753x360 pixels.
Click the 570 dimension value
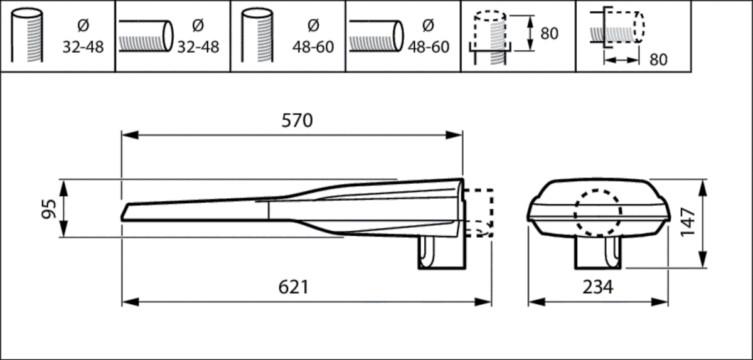click(x=297, y=121)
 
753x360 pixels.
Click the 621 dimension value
click(x=293, y=287)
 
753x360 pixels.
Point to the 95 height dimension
click(x=50, y=208)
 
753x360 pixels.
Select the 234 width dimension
click(x=597, y=287)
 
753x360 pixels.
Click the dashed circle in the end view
click(x=597, y=213)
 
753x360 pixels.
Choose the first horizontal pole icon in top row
click(x=146, y=36)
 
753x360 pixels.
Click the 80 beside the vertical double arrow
click(x=549, y=33)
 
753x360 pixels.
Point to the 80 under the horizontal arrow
click(x=658, y=60)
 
